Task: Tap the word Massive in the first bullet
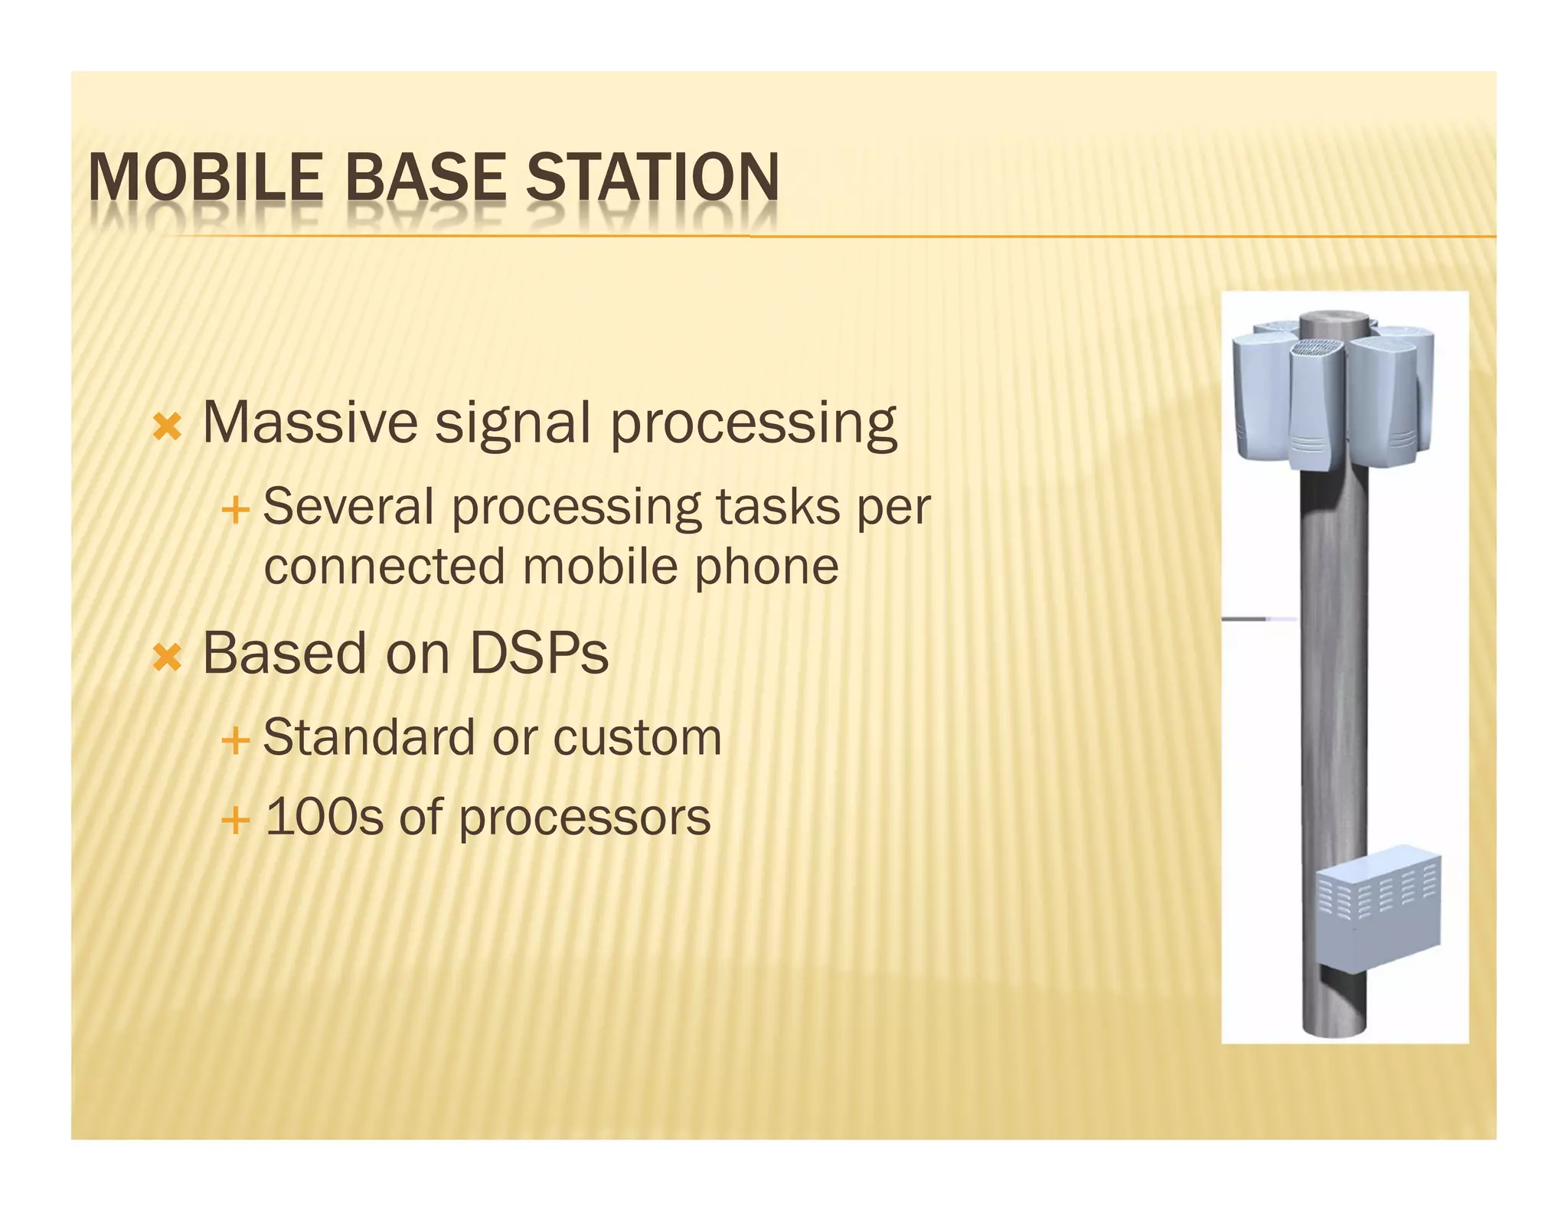[x=310, y=423]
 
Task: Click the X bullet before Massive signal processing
[x=167, y=426]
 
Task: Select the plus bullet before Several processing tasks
[x=235, y=510]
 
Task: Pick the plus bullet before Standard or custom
[x=235, y=741]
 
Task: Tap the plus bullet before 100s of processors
[x=235, y=821]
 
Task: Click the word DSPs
[x=539, y=654]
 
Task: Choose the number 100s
[x=323, y=817]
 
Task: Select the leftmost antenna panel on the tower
[x=1258, y=394]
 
